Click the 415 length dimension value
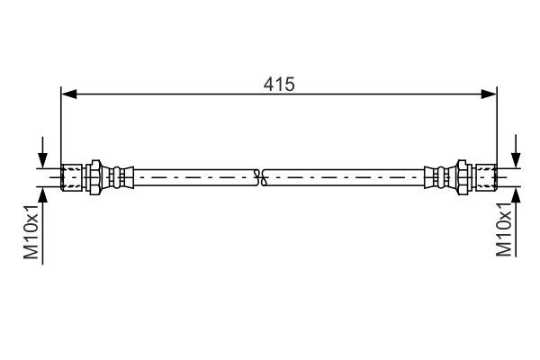[279, 84]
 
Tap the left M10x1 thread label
[31, 232]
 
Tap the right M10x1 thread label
[505, 230]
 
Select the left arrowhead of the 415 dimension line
[67, 93]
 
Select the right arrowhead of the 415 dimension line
[490, 93]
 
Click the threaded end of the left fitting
[71, 176]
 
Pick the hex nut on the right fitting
[463, 176]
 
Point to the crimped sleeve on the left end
[121, 176]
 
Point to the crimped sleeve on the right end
[436, 176]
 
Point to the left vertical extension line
[60, 126]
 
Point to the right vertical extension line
[497, 126]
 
